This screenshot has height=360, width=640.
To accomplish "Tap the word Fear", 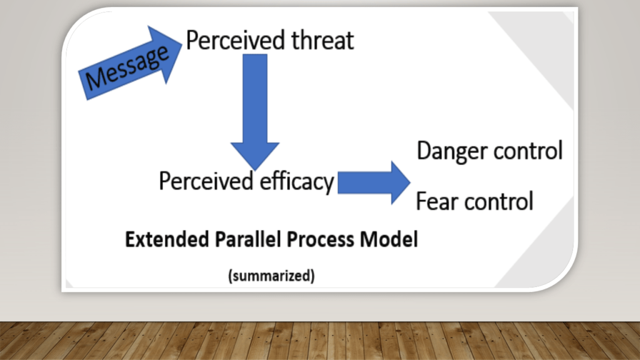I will pos(436,201).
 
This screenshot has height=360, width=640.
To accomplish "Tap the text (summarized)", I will pos(271,275).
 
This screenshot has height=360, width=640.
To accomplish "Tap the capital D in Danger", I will pos(424,151).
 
